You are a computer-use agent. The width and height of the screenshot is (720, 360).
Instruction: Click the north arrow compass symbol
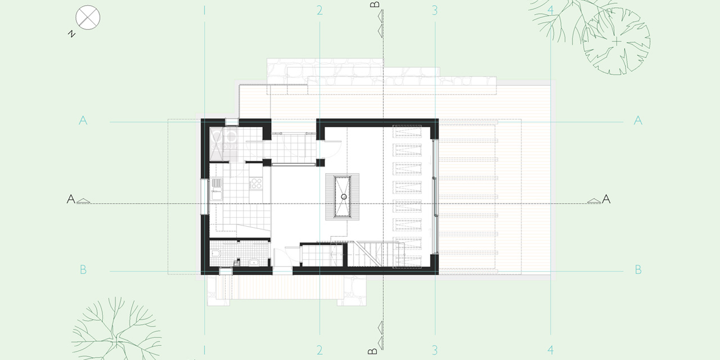(88, 17)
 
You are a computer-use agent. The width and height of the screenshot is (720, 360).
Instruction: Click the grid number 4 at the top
(550, 11)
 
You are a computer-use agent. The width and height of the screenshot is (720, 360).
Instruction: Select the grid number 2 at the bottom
(319, 350)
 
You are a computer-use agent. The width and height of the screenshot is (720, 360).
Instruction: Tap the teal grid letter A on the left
(83, 120)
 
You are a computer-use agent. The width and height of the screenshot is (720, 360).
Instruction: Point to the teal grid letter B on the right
(638, 269)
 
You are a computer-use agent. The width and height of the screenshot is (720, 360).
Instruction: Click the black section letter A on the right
(606, 199)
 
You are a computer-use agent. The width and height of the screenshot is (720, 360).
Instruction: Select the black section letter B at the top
(375, 4)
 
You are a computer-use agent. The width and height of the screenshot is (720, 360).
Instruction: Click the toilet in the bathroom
(215, 255)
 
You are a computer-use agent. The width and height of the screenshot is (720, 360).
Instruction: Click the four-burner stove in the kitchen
(256, 183)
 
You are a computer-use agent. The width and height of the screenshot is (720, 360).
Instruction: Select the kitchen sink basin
(217, 195)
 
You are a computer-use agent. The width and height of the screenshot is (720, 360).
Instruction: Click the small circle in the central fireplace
(344, 197)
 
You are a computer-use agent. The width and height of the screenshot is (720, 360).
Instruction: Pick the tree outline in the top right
(616, 42)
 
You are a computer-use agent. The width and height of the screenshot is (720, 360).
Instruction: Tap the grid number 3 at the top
(435, 11)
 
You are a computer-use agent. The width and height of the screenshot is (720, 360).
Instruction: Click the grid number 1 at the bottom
(204, 350)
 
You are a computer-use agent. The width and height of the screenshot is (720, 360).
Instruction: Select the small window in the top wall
(231, 122)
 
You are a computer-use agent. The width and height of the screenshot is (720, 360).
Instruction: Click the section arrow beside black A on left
(84, 201)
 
